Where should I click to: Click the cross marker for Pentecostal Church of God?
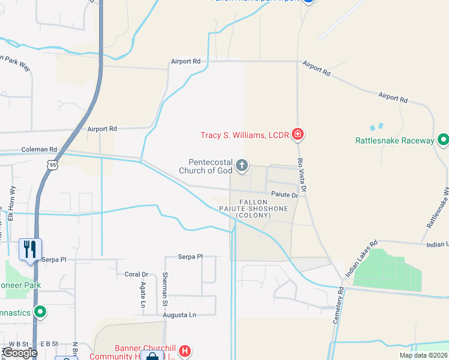click(x=242, y=166)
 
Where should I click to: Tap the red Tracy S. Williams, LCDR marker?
click(x=297, y=134)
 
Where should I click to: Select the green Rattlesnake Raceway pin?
click(x=443, y=140)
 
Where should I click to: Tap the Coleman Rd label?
click(x=39, y=149)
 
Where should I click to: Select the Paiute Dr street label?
click(x=284, y=195)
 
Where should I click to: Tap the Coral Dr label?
click(x=136, y=274)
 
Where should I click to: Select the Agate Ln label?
click(x=143, y=292)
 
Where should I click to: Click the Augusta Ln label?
click(x=184, y=315)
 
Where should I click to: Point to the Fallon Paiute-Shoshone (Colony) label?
click(x=262, y=209)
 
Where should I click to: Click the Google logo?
click(x=19, y=353)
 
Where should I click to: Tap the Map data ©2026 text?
click(x=423, y=355)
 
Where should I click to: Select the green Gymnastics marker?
click(x=40, y=312)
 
